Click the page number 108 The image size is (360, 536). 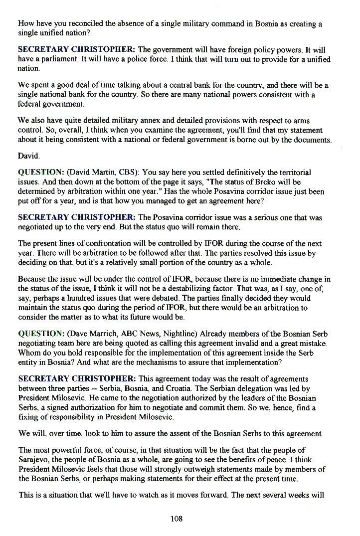(x=177, y=519)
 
